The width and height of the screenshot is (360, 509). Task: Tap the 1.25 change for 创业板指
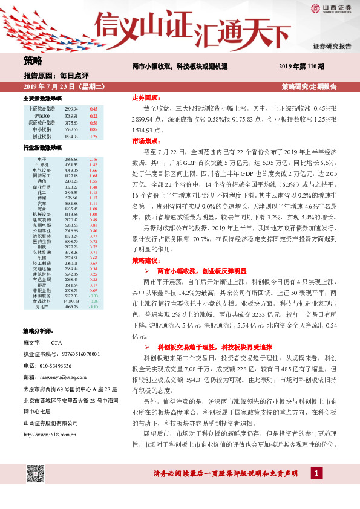[x=93, y=137]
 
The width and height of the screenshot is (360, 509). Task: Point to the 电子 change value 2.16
[x=93, y=159]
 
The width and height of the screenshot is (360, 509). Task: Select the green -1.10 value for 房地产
[x=93, y=307]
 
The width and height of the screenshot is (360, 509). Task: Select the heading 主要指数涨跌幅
[x=42, y=97]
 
